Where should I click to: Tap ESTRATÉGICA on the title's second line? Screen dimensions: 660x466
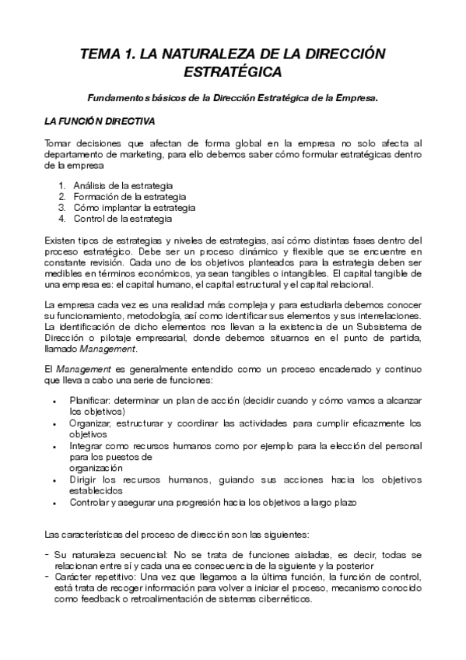[x=233, y=72]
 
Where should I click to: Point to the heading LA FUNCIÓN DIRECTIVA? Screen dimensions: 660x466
[x=100, y=121]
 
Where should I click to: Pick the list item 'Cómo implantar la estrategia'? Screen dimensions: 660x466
[x=129, y=208]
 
